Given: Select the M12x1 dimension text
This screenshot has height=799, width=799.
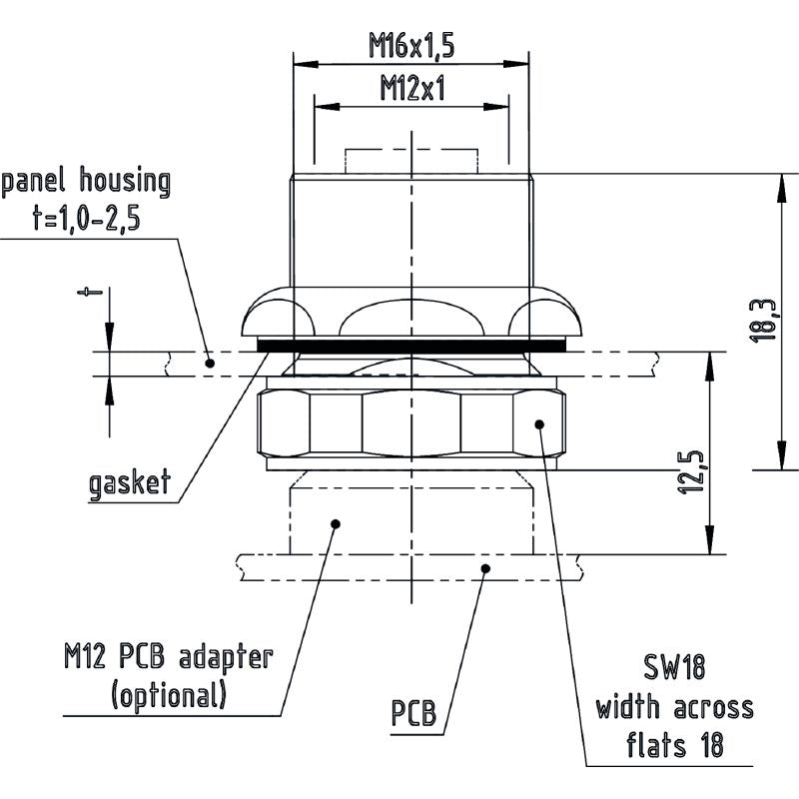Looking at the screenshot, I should pos(411,89).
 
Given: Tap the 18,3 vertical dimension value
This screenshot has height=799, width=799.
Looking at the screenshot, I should pos(761,321).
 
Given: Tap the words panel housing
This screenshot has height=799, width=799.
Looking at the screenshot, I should pos(87,182).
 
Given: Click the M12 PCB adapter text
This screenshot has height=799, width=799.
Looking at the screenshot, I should pos(165,657).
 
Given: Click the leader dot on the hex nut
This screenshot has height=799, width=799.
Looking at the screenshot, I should pos(539,424).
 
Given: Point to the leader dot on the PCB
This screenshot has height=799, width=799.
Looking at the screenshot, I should pos(485,568).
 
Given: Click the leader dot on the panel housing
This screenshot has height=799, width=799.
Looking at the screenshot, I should pos(210,363).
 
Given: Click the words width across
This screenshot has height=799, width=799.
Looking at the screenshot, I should pos(675,708).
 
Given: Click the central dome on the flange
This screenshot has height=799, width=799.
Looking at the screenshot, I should pos(411,317).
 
